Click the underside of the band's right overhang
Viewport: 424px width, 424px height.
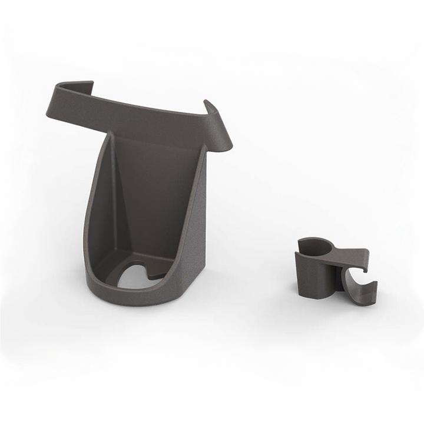[x=221, y=144]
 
